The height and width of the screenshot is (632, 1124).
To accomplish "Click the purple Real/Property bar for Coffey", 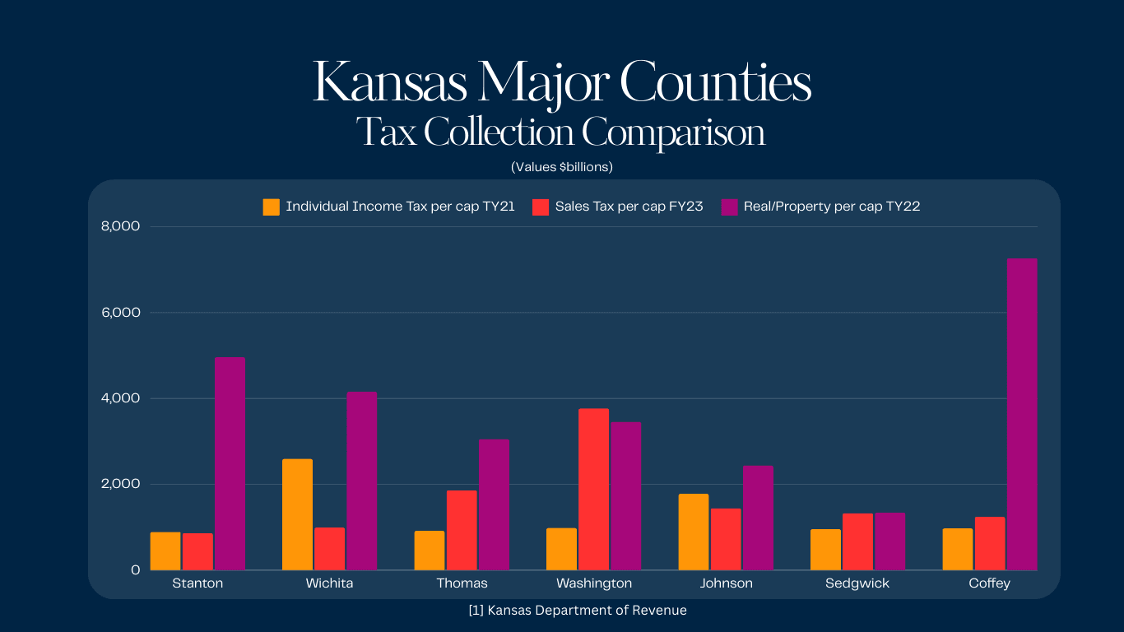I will (1022, 414).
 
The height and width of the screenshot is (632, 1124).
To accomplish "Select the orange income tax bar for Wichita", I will (297, 514).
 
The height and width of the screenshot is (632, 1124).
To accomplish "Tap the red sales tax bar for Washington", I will (593, 489).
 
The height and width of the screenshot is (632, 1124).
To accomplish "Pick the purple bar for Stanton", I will (230, 463).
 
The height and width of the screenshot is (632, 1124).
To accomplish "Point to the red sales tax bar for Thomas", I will (462, 530).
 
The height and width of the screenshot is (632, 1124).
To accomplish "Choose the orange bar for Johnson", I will (694, 532).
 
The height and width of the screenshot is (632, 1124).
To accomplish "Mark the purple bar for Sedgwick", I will (889, 541).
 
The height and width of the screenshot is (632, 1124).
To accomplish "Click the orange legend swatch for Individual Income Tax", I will (272, 207).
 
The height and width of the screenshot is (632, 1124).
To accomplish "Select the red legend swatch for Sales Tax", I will (541, 207).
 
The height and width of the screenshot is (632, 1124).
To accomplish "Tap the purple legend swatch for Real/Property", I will (729, 207).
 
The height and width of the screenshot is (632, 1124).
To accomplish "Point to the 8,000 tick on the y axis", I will (119, 226).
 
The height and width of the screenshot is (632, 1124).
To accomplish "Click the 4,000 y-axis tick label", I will (119, 398).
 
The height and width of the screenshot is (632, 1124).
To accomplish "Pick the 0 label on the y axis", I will (135, 569).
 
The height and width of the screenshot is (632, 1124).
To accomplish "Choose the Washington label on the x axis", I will (594, 583).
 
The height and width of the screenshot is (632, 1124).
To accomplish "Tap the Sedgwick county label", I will (857, 583).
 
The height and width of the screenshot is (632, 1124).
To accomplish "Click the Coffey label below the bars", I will (989, 583).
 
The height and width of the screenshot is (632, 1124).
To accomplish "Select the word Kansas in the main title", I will (389, 82).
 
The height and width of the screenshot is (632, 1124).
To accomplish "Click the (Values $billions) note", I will (562, 167).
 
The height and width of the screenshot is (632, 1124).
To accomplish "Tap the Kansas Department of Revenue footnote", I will (576, 611).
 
